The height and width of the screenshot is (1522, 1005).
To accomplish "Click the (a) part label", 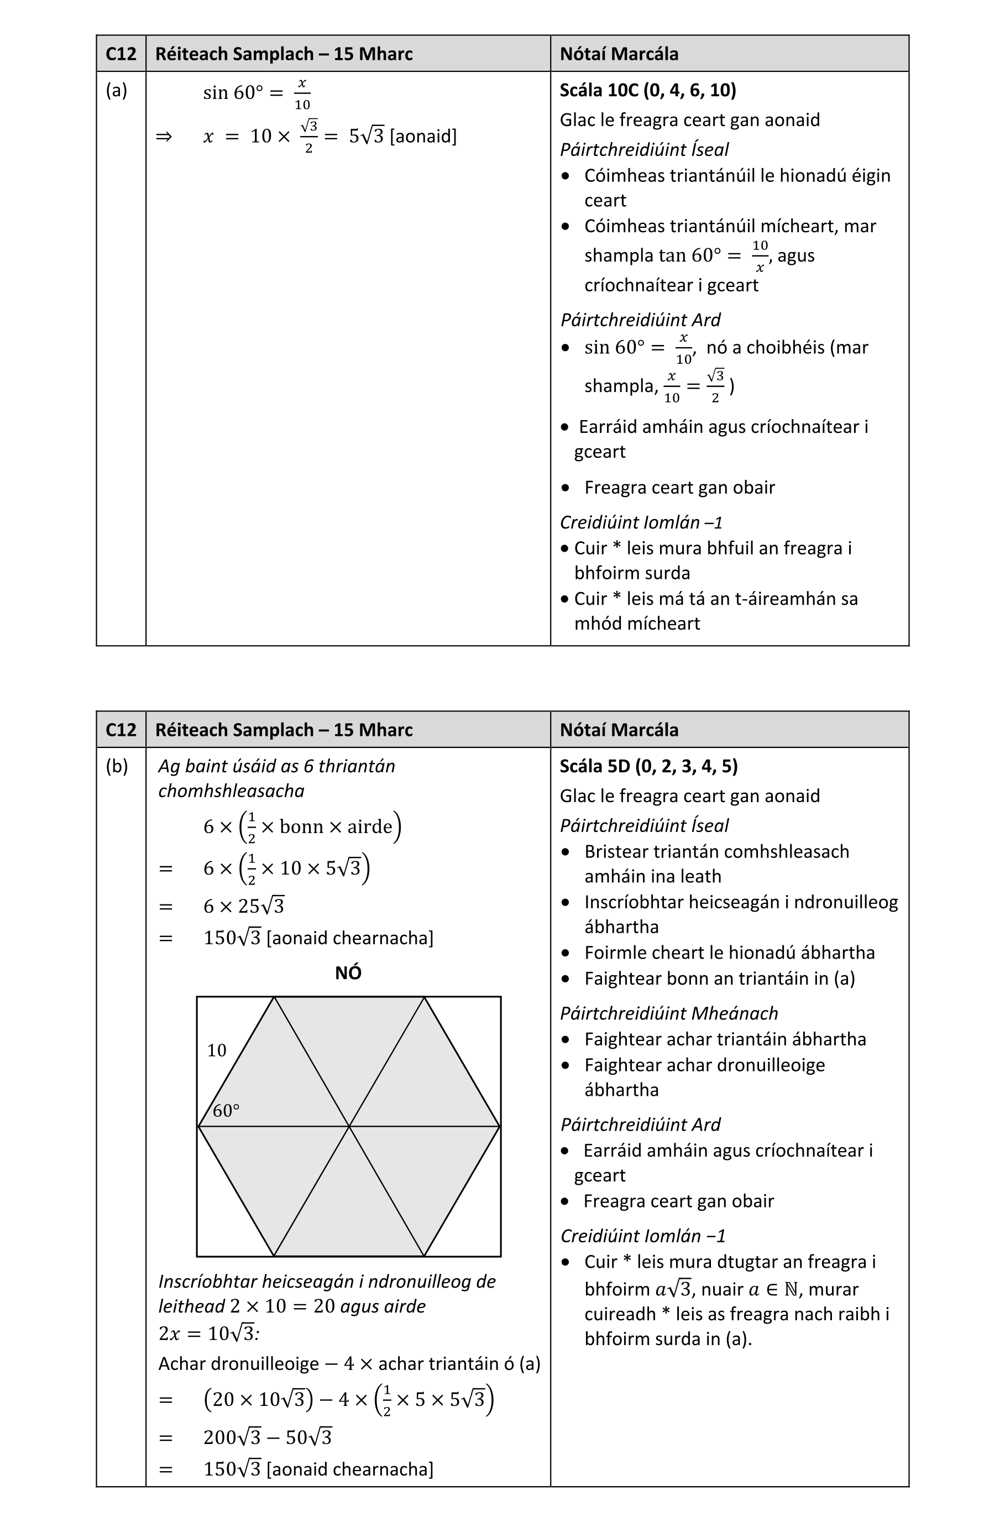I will [117, 90].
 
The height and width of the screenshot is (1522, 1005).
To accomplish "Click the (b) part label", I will [117, 766].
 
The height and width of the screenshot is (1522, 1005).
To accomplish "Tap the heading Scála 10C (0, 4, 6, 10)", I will [647, 90].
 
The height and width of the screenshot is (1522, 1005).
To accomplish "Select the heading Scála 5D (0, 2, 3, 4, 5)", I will [648, 766].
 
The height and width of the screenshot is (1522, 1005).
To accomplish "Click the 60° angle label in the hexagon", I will [226, 1111].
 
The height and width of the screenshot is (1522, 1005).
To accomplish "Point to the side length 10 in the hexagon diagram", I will [217, 1050].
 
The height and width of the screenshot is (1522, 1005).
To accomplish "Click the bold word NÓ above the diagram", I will [348, 973].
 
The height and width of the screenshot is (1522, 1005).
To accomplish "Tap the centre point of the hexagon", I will [349, 1126].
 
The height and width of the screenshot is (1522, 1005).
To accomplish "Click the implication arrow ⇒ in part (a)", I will [164, 137].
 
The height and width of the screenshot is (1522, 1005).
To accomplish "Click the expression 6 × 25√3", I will [244, 906].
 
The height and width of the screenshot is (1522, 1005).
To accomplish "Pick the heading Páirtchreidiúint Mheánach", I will [668, 1013].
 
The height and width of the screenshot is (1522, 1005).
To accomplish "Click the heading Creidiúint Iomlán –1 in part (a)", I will [641, 522].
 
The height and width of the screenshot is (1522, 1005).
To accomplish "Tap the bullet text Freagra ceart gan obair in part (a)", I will [679, 488].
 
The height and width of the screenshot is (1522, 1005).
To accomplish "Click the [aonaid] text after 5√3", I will [423, 137].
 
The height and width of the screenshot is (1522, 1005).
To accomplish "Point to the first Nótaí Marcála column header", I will [619, 54].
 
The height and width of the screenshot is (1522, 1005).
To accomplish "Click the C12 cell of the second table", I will [121, 730].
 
